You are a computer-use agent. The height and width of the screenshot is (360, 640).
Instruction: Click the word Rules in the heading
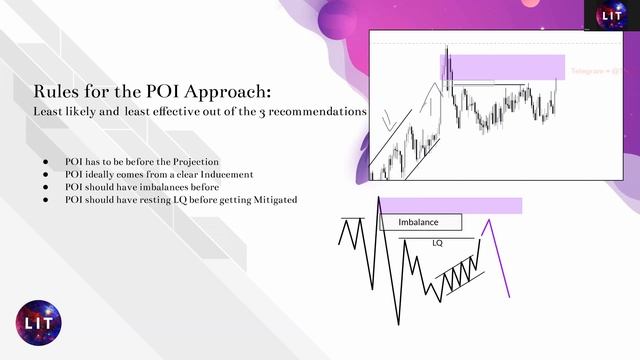point(57,93)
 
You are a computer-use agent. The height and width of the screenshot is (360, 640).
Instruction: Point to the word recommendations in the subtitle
point(319,112)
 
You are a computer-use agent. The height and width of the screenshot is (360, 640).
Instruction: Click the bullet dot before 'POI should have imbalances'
point(46,187)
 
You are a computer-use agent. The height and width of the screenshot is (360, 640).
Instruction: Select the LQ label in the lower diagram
point(437,242)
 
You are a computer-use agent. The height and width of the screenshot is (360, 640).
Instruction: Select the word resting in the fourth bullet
point(153,200)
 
